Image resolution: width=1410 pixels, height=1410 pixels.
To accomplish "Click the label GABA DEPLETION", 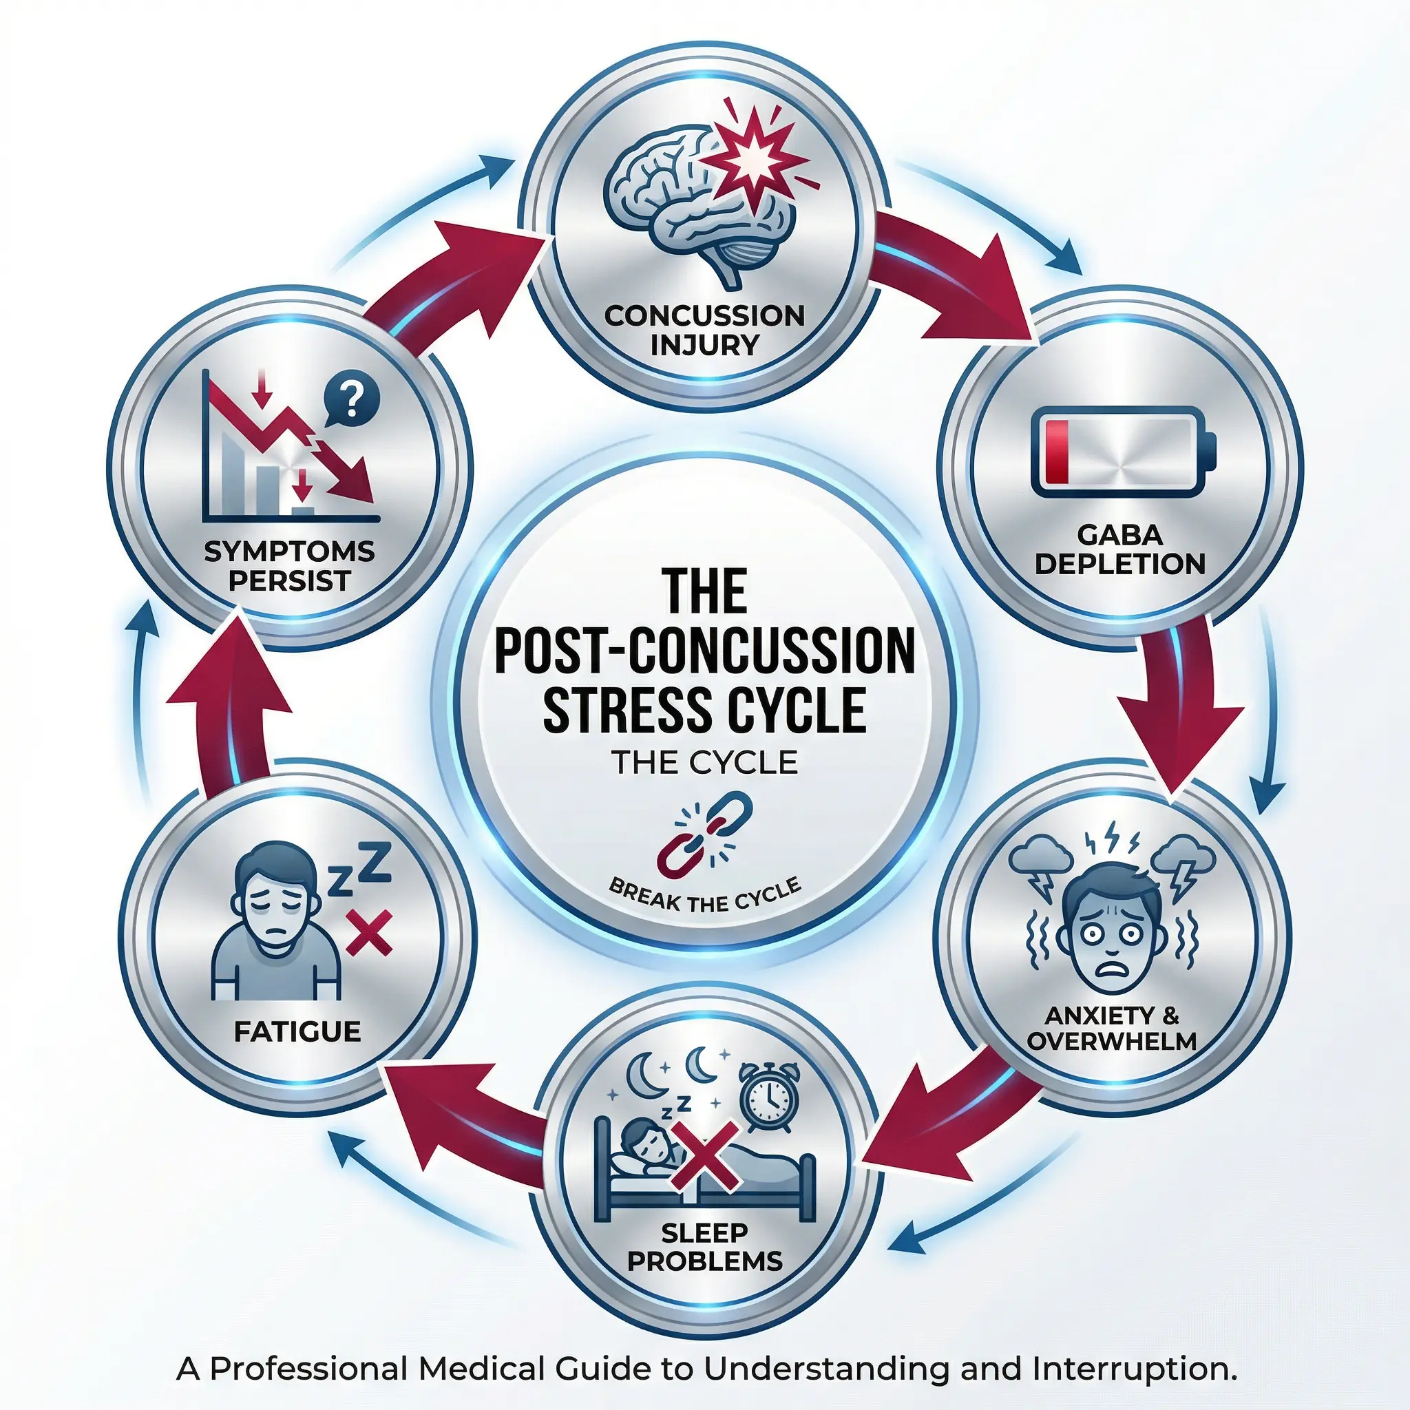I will coord(1119,550).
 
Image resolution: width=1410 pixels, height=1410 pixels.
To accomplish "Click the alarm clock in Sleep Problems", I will coord(768,1096).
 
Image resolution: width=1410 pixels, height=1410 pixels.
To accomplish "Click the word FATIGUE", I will coord(297,1031).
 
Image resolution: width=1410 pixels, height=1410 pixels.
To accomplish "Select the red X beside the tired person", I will coord(369,933).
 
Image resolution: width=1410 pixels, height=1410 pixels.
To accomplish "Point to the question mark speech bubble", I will coord(351,401).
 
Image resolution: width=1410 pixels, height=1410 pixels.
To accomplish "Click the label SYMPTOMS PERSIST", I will coord(289,567).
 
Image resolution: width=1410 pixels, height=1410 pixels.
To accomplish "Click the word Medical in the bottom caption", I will coord(482,1369).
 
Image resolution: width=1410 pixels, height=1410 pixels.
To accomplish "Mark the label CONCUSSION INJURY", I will coord(704,330).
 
